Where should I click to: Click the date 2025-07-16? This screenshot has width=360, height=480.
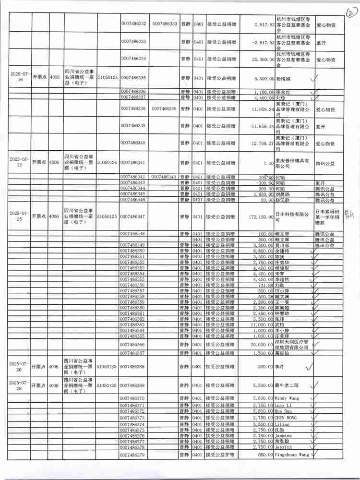(19, 77)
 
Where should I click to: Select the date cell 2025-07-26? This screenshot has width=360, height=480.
(19, 366)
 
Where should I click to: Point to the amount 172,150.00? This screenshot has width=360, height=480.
(258, 217)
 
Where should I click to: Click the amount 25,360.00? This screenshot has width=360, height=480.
(259, 59)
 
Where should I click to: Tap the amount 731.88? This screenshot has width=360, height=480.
(265, 285)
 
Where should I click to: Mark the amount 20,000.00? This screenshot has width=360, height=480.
(262, 345)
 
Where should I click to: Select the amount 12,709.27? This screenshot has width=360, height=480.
(259, 143)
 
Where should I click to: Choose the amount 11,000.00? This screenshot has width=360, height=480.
(262, 325)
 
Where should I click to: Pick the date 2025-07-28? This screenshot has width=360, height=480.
(19, 385)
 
